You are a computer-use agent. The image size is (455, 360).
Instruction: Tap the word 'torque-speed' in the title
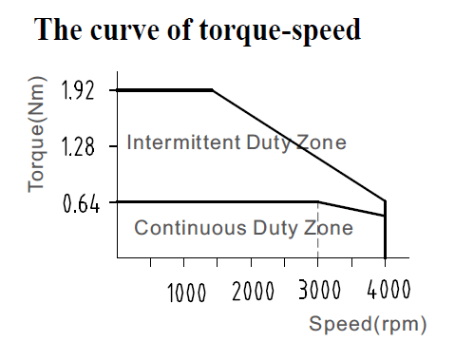(x=280, y=30)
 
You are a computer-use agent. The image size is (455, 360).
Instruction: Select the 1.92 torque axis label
(x=78, y=90)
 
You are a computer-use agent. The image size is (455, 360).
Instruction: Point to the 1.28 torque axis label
(x=78, y=146)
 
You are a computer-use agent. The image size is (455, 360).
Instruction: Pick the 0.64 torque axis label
(x=82, y=203)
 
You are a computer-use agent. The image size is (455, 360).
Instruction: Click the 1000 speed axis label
(x=186, y=293)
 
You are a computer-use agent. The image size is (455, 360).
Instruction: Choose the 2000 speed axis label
(x=253, y=291)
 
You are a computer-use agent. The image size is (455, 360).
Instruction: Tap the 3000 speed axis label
(x=319, y=290)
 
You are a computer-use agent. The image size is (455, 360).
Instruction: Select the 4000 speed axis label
(x=389, y=289)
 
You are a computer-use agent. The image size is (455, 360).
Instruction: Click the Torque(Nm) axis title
(x=36, y=134)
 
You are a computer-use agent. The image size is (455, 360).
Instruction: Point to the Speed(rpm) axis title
(x=368, y=324)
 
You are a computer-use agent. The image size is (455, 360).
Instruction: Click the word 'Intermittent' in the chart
(x=183, y=142)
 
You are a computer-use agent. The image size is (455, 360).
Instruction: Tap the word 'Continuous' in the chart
(x=190, y=228)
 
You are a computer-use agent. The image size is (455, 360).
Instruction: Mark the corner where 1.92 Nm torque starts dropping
(x=213, y=90)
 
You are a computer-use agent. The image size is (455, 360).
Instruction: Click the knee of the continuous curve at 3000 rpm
(x=318, y=201)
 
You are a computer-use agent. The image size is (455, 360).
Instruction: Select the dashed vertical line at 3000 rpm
(x=318, y=230)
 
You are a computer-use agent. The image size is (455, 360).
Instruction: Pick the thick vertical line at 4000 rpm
(x=385, y=229)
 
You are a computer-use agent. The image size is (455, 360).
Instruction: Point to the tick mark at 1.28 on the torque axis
(x=113, y=146)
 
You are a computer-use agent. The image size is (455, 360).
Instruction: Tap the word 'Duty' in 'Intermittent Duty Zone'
(x=269, y=143)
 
